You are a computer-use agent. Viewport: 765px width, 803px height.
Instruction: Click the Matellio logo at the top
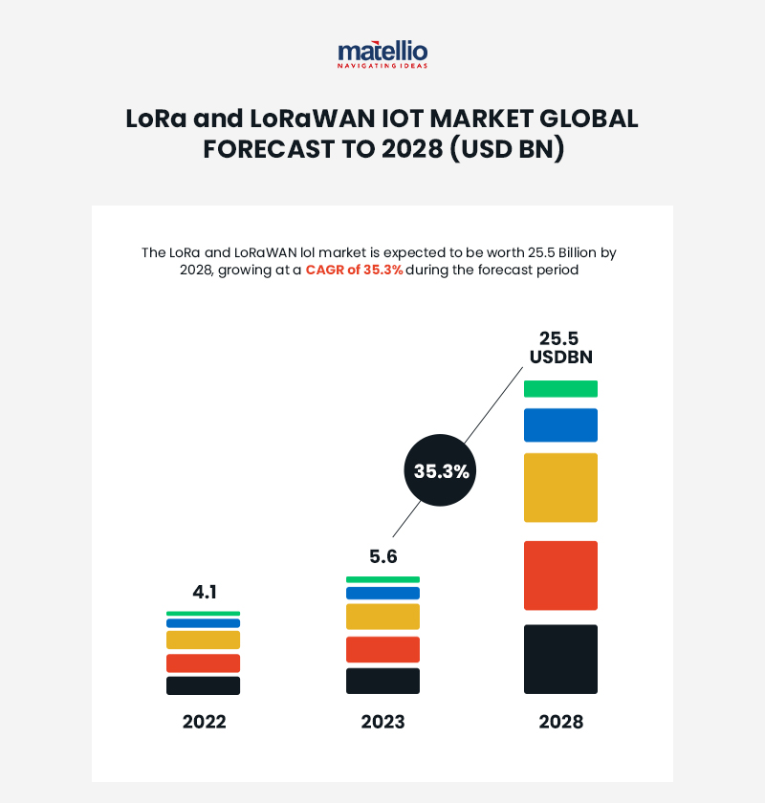[382, 54]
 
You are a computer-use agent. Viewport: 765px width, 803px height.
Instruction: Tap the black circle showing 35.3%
[441, 471]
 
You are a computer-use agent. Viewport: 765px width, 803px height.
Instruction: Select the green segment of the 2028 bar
[560, 388]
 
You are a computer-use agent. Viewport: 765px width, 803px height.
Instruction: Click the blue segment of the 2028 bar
[560, 424]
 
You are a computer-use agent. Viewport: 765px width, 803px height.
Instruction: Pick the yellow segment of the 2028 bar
[560, 488]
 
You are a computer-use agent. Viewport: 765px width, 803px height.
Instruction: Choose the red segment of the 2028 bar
[560, 575]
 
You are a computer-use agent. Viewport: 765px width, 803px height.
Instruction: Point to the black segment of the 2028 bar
[560, 659]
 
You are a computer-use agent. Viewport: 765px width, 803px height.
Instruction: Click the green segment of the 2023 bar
[382, 579]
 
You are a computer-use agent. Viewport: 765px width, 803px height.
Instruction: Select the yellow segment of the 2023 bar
[382, 617]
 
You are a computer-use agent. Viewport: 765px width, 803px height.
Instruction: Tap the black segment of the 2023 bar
[382, 681]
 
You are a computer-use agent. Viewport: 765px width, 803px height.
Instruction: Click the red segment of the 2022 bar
[203, 663]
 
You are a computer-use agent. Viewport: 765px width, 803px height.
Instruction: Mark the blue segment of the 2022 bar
[203, 623]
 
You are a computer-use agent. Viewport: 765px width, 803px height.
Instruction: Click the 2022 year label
[204, 722]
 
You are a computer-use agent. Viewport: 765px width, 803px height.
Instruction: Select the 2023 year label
[382, 722]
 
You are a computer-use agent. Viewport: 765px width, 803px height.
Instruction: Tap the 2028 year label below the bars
[560, 722]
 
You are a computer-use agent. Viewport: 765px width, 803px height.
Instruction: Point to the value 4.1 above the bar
[205, 592]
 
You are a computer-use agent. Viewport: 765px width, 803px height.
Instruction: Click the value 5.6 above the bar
[382, 556]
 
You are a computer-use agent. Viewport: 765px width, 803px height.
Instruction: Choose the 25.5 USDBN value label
[560, 348]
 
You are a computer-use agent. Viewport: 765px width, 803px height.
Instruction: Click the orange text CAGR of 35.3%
[354, 271]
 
